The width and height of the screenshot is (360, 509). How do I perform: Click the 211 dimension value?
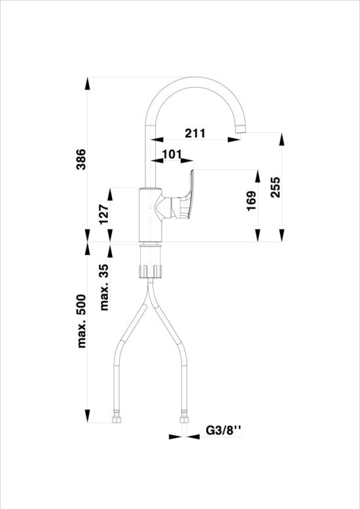[x=194, y=133]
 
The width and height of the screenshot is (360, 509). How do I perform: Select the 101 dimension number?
[x=171, y=154]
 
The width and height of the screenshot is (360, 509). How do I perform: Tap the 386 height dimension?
[x=81, y=158]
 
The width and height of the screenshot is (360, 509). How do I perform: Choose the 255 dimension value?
[x=275, y=188]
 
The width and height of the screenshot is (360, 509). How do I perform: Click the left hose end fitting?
[x=117, y=415]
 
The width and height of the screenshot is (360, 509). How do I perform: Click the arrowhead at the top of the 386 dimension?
[x=88, y=83]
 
